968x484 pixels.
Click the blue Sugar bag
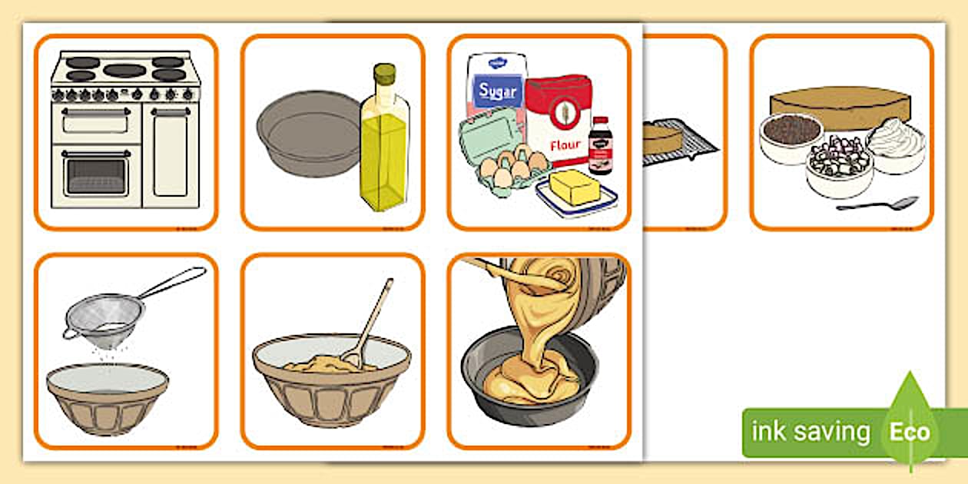[x=496, y=88]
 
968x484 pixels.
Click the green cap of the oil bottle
[x=384, y=74]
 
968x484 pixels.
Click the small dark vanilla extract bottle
[x=600, y=146]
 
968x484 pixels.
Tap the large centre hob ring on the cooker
[x=124, y=71]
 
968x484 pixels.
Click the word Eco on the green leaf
[x=910, y=431]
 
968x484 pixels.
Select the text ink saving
[x=811, y=432]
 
